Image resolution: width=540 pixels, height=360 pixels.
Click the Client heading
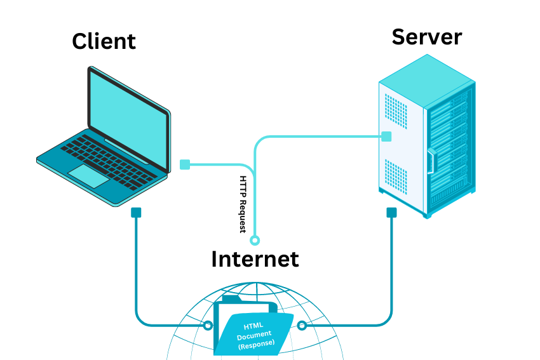click(x=104, y=42)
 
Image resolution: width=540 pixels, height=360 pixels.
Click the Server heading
click(x=426, y=37)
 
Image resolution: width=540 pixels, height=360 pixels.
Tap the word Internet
click(x=255, y=258)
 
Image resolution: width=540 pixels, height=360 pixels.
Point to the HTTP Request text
click(x=243, y=204)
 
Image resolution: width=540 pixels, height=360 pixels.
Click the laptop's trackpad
click(x=89, y=176)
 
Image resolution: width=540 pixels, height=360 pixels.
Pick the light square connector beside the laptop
click(x=185, y=164)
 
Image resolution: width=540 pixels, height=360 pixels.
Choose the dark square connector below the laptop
click(x=136, y=213)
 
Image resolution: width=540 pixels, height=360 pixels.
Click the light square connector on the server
click(x=386, y=136)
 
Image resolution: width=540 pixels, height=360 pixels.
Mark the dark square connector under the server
click(x=391, y=213)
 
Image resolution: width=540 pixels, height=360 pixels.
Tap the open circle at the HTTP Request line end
click(x=255, y=241)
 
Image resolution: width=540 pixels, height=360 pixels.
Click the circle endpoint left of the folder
click(x=207, y=326)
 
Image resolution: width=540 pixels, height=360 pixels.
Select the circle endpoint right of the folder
click(x=302, y=326)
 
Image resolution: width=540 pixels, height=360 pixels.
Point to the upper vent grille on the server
click(x=396, y=110)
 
